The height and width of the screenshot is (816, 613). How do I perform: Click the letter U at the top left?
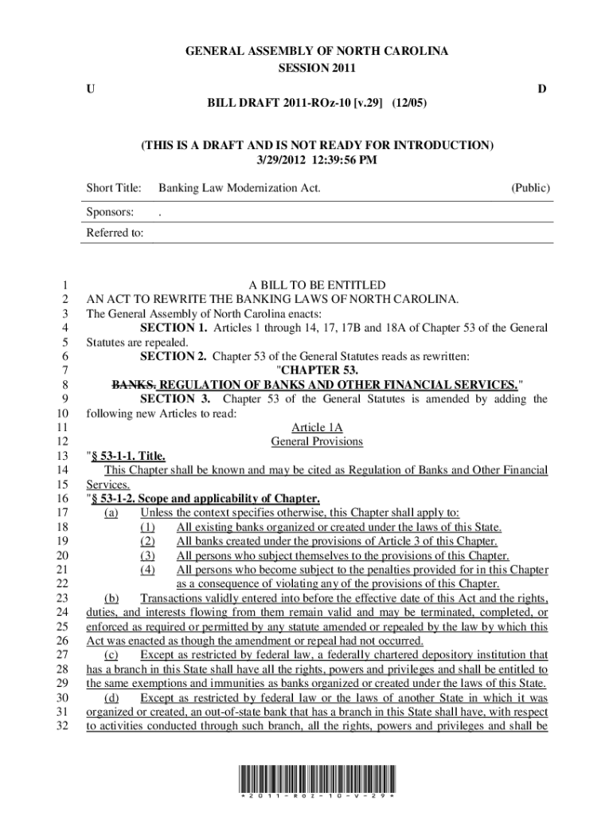(x=91, y=89)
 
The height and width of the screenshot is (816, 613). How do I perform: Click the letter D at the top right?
(x=541, y=89)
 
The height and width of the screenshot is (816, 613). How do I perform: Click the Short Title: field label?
(x=114, y=189)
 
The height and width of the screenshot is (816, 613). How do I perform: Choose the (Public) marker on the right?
(x=529, y=189)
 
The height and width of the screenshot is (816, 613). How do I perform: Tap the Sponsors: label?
(x=110, y=213)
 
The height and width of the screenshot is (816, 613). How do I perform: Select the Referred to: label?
(x=115, y=233)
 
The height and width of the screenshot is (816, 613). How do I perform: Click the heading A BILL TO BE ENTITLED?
(x=317, y=285)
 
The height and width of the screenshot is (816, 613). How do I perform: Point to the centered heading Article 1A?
(x=317, y=428)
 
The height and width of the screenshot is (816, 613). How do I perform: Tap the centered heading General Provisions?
(x=317, y=441)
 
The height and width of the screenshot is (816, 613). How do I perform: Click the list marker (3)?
(x=147, y=555)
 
